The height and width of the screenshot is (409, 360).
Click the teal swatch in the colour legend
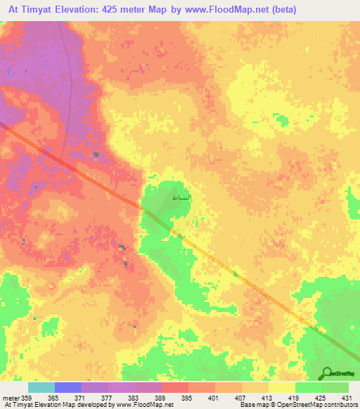tap(41, 387)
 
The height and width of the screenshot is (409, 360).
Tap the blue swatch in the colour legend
tap(68, 387)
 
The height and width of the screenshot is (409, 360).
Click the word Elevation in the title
tap(89, 10)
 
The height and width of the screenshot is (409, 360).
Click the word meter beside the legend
tap(11, 397)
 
